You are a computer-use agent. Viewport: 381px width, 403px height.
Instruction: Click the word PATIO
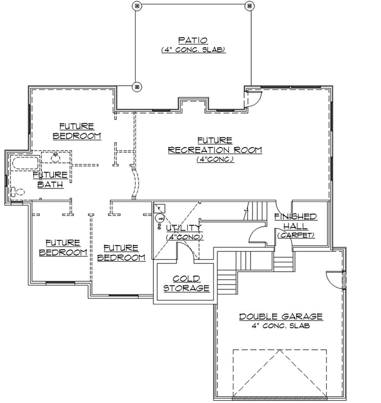pos(192,40)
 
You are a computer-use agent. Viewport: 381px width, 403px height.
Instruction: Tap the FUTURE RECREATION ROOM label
pos(215,145)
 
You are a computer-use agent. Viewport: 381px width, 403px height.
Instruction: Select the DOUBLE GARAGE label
pos(281,316)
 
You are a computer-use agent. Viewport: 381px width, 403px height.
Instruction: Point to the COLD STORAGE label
pos(186,283)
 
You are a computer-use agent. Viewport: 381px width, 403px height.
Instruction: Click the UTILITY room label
pos(183,228)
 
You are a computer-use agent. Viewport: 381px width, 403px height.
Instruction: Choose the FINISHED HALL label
pos(295,221)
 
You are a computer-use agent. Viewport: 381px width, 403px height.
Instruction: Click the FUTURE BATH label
pos(51,179)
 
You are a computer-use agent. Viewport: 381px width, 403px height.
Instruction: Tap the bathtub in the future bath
pos(24,162)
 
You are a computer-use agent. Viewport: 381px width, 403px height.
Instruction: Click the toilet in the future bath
pos(18,192)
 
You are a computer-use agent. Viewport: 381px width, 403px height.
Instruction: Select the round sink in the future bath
pos(55,157)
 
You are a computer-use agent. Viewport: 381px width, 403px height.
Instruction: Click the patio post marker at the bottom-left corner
pos(136,86)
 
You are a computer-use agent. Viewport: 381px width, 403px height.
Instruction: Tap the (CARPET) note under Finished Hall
pos(296,235)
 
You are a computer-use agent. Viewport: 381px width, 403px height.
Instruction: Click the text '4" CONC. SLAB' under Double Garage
pos(281,326)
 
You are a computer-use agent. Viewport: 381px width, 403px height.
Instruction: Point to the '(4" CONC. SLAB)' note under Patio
pos(193,49)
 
